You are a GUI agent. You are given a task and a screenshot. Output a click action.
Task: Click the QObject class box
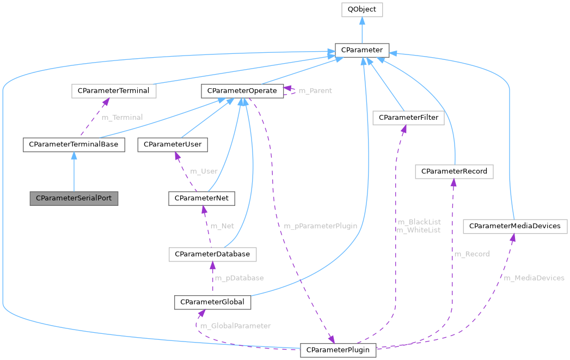(x=362, y=10)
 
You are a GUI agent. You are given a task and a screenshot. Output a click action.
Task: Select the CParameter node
(x=362, y=50)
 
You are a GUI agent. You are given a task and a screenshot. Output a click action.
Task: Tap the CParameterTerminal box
(x=114, y=90)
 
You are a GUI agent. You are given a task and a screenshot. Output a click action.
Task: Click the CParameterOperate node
(x=242, y=90)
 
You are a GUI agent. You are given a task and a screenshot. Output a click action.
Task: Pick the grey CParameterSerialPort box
(x=73, y=198)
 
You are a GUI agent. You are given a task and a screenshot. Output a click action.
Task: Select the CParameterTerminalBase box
(x=74, y=144)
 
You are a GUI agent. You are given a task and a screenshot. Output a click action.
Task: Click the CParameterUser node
(x=173, y=144)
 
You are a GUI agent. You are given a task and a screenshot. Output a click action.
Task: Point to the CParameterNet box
(x=201, y=198)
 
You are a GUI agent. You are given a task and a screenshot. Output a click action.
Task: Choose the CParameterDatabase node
(x=212, y=254)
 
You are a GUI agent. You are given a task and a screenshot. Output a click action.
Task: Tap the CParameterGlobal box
(x=212, y=302)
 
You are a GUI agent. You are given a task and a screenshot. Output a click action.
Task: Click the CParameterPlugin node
(x=338, y=350)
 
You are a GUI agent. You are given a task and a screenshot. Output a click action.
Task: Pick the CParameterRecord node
(x=454, y=172)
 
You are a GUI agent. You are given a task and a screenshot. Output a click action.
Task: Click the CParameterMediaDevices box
(x=515, y=225)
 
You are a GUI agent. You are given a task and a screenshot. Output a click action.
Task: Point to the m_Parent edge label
(x=315, y=90)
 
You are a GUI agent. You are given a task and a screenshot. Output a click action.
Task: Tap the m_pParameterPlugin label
(x=320, y=225)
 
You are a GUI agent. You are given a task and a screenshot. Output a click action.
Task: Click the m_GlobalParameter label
(x=236, y=326)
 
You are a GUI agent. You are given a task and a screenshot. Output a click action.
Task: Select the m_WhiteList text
(x=418, y=230)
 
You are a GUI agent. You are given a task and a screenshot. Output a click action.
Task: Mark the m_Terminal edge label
(x=122, y=117)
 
